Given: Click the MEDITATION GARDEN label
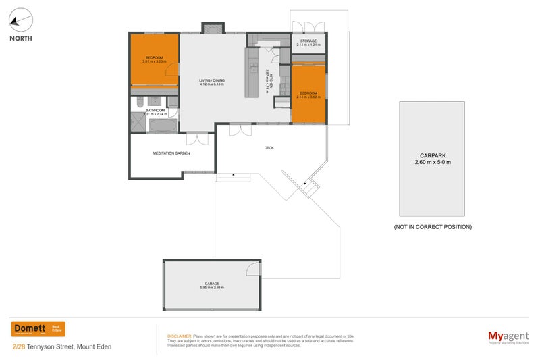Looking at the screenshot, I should point(171,153).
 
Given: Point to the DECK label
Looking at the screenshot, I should point(268,147).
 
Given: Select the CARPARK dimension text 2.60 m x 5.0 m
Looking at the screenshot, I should point(432,163).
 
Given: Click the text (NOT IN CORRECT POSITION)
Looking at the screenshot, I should point(432,227).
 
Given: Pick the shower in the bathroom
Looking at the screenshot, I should point(138,124).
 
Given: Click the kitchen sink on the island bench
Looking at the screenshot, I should point(254,68).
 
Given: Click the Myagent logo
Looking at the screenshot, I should point(508,336).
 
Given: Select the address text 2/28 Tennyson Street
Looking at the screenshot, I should point(44,347).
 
